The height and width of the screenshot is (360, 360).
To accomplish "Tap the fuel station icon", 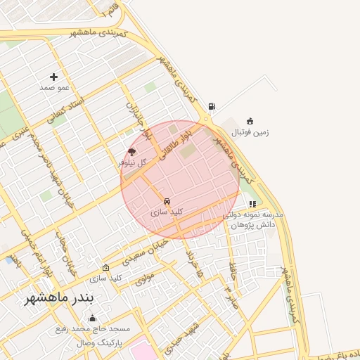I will click(x=212, y=108).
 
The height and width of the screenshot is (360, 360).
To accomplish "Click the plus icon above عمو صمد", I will click(x=53, y=77).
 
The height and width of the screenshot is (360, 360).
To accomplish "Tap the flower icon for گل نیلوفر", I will click(x=131, y=151).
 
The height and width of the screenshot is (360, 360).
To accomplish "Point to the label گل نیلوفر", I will click(x=132, y=162).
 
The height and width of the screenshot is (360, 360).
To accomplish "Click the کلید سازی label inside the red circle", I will click(x=167, y=211).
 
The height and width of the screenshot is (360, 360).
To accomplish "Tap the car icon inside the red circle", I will click(x=167, y=200).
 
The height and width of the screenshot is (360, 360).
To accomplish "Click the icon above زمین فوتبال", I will click(x=250, y=120).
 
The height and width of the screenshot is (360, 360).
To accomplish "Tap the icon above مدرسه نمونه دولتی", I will click(x=252, y=204).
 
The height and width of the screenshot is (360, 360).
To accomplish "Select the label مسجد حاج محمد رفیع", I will click(x=94, y=328).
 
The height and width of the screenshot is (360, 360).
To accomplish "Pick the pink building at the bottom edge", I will click(x=141, y=351).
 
